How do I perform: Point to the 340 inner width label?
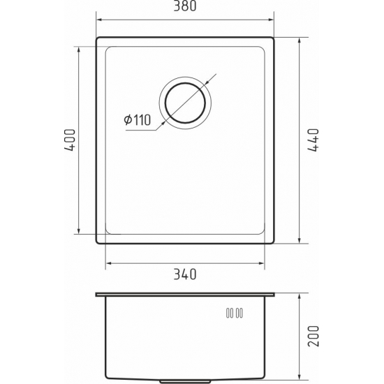coord(185,273)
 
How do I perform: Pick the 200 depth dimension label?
coord(313,338)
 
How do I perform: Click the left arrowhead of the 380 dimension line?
coord(98,20)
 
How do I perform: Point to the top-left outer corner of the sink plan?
coord(96,38)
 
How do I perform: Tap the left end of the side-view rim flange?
coord(97,294)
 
